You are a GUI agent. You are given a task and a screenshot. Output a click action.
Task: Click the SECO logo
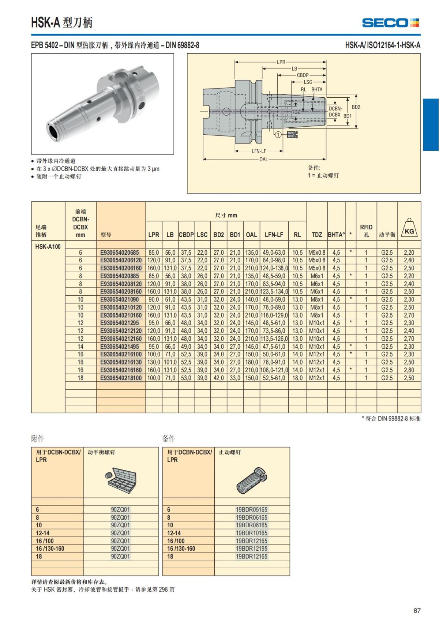point(390,23)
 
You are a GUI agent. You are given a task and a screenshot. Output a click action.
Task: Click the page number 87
point(417,610)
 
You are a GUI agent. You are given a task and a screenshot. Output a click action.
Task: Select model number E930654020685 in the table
point(120,252)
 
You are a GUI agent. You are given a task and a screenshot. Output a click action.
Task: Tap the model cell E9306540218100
point(121,378)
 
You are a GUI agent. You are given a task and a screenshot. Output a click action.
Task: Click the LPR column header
point(154,235)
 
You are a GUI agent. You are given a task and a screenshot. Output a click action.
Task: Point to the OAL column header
point(251,235)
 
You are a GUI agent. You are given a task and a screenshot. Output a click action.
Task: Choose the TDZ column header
point(317,235)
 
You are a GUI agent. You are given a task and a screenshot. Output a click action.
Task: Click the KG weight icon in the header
point(409,228)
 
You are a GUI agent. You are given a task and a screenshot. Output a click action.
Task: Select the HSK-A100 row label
point(48,246)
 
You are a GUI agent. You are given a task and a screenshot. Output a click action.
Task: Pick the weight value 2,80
point(409,370)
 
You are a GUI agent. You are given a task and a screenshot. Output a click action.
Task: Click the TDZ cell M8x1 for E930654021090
point(317,299)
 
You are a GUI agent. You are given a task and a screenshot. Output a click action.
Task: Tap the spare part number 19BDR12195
point(252,549)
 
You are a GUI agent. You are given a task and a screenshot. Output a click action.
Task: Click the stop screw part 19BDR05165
point(252,509)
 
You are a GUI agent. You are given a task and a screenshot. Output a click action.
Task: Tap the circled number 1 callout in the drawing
point(278,135)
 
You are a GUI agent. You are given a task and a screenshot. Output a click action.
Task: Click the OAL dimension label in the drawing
point(263,160)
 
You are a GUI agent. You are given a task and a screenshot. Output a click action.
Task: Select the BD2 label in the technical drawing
point(356,107)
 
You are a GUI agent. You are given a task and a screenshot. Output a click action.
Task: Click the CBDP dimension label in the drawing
point(303,75)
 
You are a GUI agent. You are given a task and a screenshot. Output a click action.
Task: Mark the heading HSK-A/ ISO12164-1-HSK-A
point(383,45)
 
